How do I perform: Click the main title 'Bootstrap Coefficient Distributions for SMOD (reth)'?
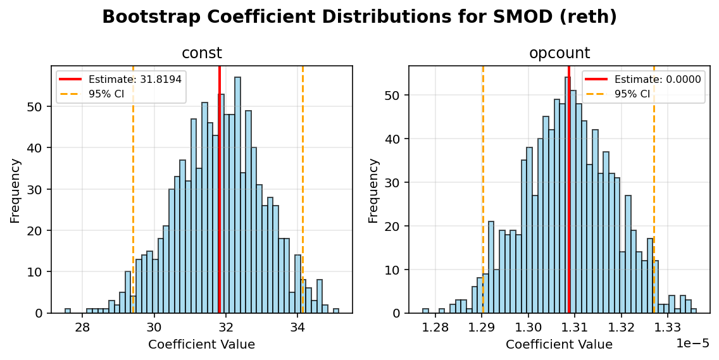[359, 17]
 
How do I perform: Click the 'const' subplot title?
[202, 53]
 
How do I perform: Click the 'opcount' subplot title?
[559, 53]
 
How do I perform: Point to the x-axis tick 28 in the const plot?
[82, 327]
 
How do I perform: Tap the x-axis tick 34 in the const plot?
[298, 327]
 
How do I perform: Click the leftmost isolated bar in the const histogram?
[68, 311]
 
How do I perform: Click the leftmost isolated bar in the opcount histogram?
[425, 311]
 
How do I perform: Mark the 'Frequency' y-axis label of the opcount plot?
[374, 190]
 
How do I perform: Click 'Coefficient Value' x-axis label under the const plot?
[201, 345]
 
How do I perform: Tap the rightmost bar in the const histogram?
[336, 311]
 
